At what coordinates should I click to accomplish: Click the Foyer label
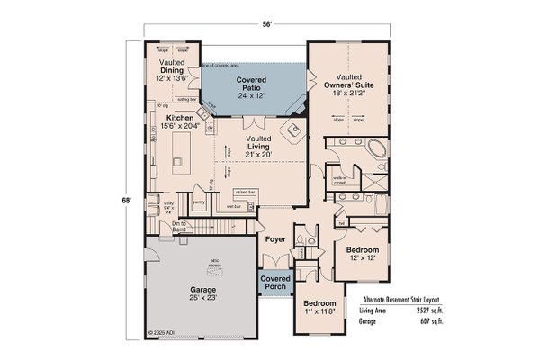274,240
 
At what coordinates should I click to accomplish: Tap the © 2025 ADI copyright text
160,331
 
